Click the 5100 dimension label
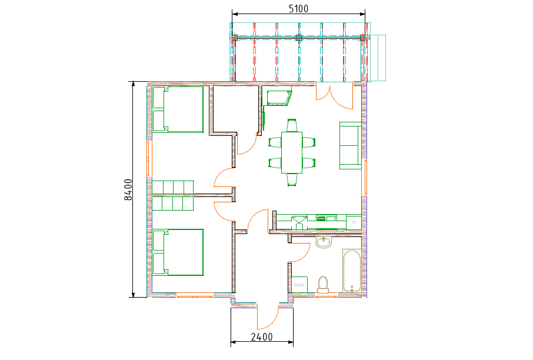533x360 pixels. (x=298, y=8)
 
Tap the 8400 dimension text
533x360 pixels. (x=128, y=189)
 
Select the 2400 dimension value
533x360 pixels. (x=262, y=337)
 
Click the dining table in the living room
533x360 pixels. (x=292, y=152)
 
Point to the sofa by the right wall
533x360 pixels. (x=351, y=145)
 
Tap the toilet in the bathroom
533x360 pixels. (x=323, y=285)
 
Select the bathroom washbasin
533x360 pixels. (x=324, y=242)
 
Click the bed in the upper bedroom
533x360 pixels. (x=178, y=109)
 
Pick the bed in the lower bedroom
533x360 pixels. (x=178, y=252)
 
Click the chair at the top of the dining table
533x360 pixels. (x=292, y=125)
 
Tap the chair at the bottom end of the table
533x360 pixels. (x=292, y=179)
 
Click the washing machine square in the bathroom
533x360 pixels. (x=299, y=285)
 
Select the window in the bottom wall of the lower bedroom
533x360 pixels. (x=195, y=295)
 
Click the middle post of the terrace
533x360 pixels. (x=298, y=38)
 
